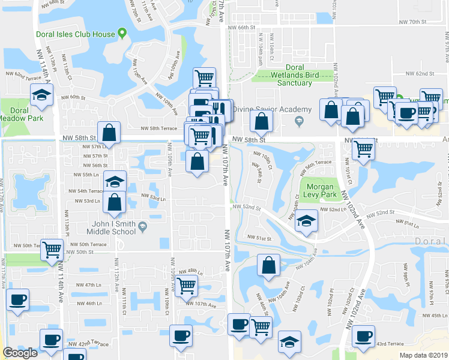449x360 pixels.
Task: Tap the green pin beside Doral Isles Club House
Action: click(122, 32)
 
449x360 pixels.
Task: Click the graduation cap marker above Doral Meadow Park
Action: click(42, 95)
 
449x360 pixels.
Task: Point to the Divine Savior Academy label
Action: click(272, 109)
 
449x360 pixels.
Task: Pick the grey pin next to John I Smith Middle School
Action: click(142, 226)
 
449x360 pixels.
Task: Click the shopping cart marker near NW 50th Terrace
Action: click(52, 248)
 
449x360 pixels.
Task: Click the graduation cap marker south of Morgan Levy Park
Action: click(306, 221)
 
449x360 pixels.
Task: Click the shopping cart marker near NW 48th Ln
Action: click(187, 286)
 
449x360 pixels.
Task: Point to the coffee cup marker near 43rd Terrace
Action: click(363, 335)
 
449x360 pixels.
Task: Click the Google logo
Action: click(20, 353)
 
